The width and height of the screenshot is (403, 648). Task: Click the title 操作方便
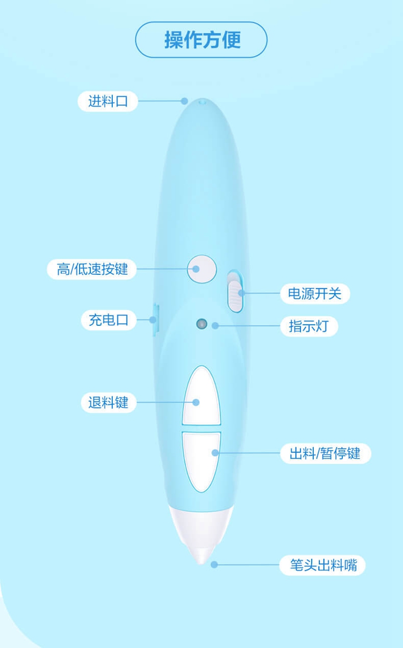point(203,40)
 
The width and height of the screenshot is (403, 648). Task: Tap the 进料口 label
point(108,101)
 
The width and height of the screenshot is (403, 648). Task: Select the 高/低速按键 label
point(92,270)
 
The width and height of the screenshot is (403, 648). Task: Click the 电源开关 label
point(315,294)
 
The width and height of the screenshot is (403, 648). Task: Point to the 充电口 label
point(109,320)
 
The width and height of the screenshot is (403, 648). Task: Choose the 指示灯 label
point(309,326)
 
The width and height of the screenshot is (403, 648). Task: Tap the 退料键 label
point(109,403)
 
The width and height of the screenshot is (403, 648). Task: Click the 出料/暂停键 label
point(326,453)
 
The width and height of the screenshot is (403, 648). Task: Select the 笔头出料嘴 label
point(322,565)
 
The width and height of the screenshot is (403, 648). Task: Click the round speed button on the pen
point(202,269)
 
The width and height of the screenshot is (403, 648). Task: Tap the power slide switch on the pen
point(235,292)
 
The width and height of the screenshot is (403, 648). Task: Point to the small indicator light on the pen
point(201,324)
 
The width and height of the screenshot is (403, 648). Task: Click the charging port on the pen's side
point(156,319)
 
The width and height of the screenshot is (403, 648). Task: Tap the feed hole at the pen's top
point(203,101)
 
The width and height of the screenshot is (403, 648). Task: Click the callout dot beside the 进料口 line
point(184,101)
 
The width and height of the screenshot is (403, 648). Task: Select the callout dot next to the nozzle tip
point(214,564)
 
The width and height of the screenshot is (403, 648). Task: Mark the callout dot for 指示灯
point(215,326)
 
